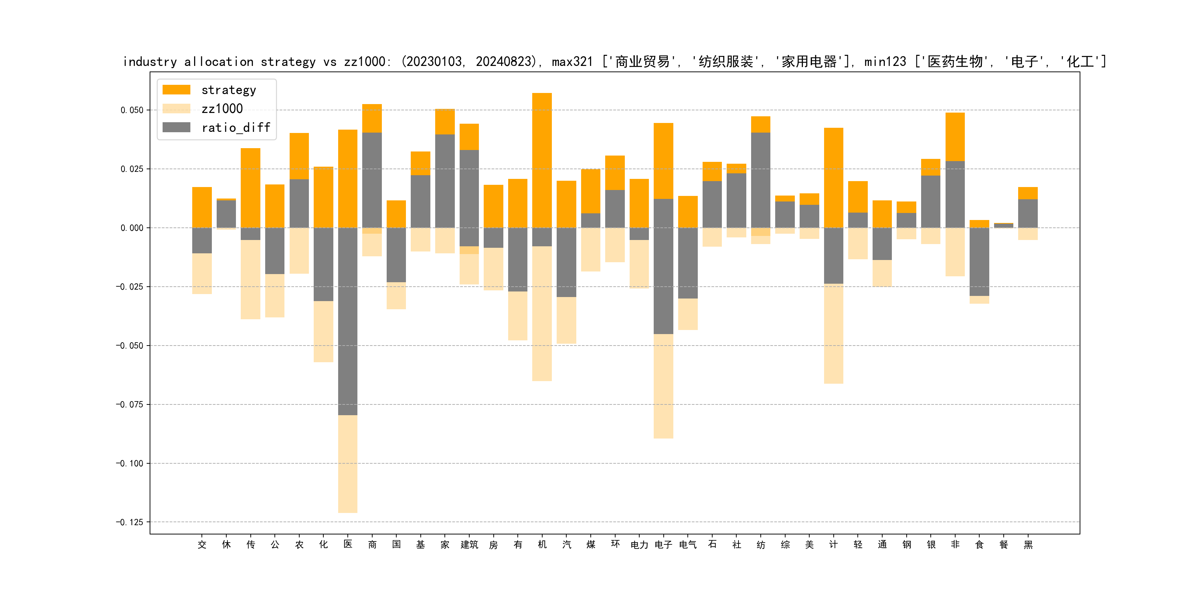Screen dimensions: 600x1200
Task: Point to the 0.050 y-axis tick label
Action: coord(132,110)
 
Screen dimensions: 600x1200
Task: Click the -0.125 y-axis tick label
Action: coord(130,522)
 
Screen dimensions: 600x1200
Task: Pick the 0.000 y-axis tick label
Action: coord(132,228)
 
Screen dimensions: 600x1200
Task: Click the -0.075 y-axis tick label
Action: coord(130,404)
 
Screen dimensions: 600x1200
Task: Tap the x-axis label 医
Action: coord(348,544)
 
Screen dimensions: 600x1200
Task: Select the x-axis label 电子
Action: coord(663,544)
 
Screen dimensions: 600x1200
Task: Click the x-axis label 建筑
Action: coord(469,544)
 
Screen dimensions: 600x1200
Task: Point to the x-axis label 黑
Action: coord(1028,544)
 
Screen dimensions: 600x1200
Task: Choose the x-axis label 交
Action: coord(202,544)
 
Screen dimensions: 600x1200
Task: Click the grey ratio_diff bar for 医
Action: coord(348,321)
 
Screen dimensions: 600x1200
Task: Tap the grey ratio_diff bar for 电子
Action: coord(663,266)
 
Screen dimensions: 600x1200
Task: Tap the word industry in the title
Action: coord(150,62)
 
